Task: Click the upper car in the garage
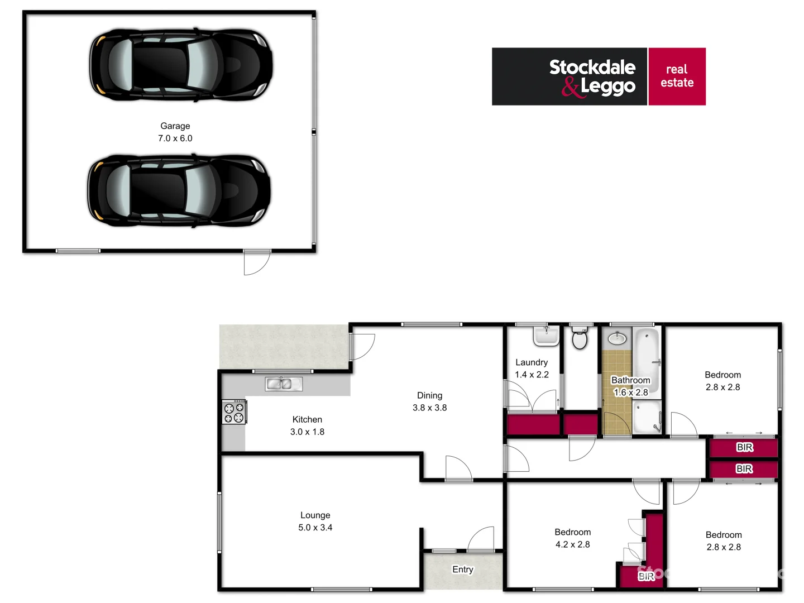[x=181, y=65]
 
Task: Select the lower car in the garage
[x=179, y=190]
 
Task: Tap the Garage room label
[x=175, y=126]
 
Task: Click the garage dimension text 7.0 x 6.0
[x=175, y=138]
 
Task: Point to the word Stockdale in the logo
[x=592, y=68]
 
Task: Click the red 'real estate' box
[x=677, y=76]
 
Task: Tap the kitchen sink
[x=284, y=384]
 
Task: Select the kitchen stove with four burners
[x=234, y=412]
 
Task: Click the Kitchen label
[x=307, y=419]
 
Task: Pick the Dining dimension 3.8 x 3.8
[x=429, y=408]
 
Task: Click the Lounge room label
[x=315, y=515]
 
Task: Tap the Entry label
[x=463, y=569]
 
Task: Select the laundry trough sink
[x=546, y=336]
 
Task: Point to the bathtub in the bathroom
[x=648, y=357]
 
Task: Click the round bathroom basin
[x=616, y=338]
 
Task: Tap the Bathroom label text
[x=631, y=380]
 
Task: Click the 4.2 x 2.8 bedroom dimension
[x=572, y=544]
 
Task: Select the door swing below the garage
[x=256, y=262]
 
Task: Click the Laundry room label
[x=532, y=362]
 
